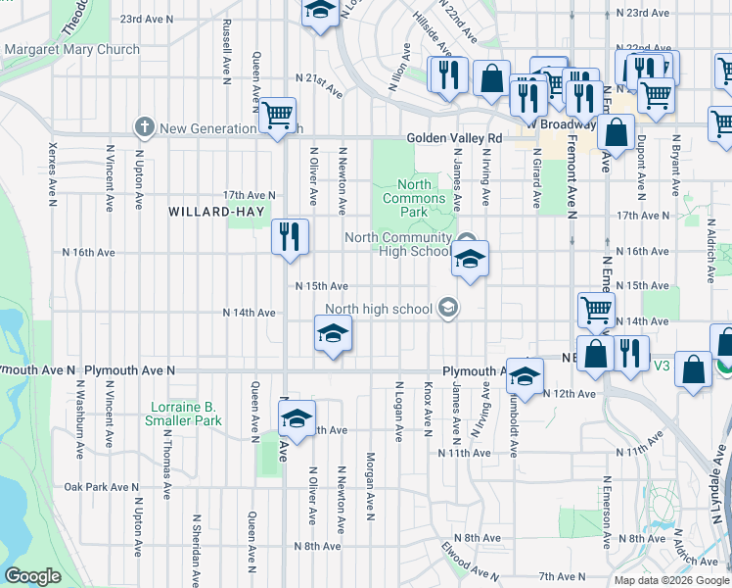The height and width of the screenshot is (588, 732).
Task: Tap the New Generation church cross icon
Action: point(145,127)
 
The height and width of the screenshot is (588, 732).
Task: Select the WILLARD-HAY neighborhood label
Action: point(209,212)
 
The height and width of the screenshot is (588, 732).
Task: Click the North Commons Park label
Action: point(414,198)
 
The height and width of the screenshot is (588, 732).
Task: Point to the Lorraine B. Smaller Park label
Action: point(186,414)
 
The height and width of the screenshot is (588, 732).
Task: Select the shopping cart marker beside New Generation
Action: point(278,115)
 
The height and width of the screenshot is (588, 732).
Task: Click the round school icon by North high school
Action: point(448,310)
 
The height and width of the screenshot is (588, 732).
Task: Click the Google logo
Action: point(32,576)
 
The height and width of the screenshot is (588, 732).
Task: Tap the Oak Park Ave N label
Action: point(102,487)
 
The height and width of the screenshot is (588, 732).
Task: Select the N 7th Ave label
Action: point(561,575)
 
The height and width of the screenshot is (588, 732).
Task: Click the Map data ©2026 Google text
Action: point(671,580)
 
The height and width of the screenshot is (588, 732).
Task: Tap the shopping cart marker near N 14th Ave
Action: point(596,310)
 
